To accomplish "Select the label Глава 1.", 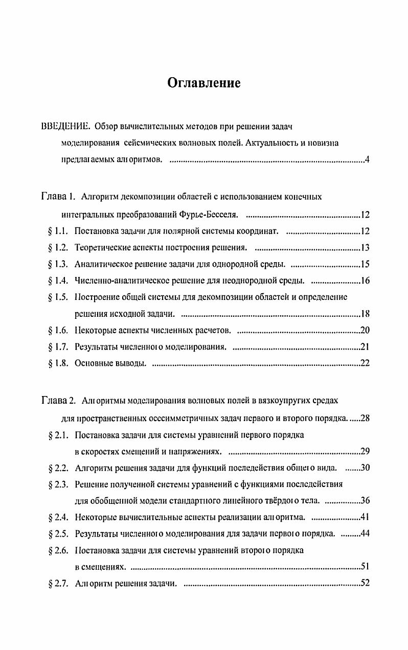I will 58,197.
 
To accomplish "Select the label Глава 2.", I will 58,400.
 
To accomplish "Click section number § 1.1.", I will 58,231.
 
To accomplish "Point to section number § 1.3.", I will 58,265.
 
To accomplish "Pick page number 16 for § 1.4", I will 365,281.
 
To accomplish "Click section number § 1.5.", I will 58,297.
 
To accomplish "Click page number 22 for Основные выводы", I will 365,364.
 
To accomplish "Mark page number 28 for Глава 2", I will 365,419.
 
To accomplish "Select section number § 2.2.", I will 58,468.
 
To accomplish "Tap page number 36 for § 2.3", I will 365,500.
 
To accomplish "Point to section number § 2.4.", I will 58,518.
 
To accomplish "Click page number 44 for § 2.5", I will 365,535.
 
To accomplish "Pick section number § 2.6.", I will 58,551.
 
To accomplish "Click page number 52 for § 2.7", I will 365,584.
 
